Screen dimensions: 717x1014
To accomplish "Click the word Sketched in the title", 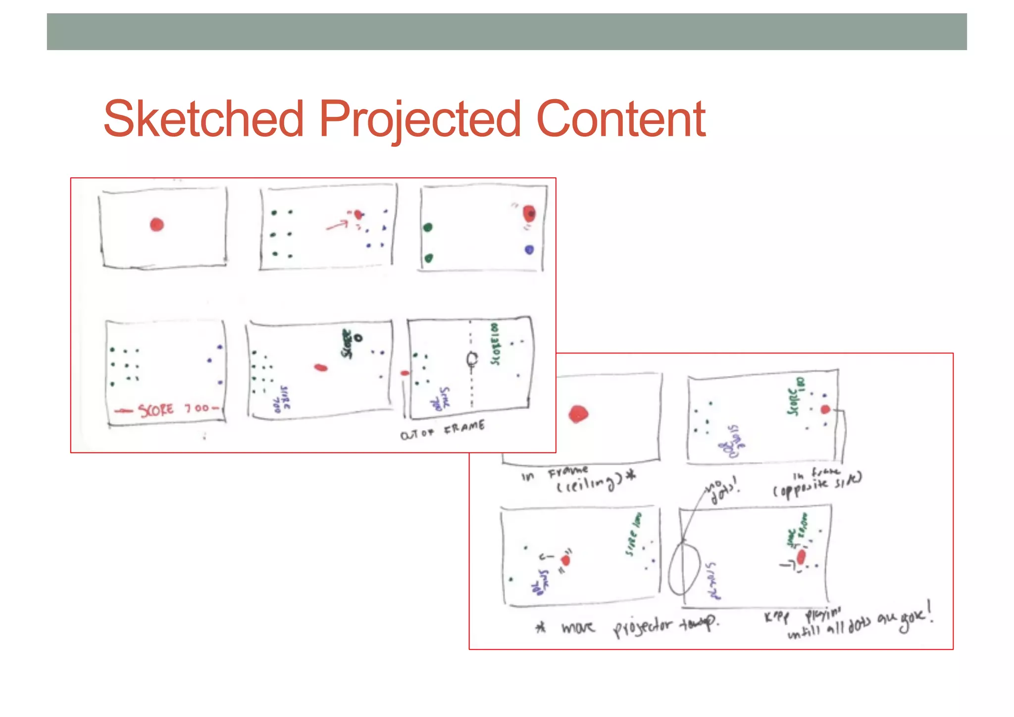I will point(203,119).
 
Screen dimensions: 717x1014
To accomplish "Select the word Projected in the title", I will point(419,119).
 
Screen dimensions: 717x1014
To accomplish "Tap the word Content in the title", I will point(621,119).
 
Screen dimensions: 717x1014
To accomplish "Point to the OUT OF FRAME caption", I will point(442,430).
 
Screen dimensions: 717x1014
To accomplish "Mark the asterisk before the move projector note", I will point(541,627).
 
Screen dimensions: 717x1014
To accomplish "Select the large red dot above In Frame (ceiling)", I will point(578,414).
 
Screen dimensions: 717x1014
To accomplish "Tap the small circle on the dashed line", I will point(472,358).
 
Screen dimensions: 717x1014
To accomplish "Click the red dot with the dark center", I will point(529,213).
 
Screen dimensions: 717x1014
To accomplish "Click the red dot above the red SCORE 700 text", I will point(157,224).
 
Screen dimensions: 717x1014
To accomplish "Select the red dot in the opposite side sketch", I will point(825,410).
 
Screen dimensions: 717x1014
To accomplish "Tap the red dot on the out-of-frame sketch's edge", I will point(405,373).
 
